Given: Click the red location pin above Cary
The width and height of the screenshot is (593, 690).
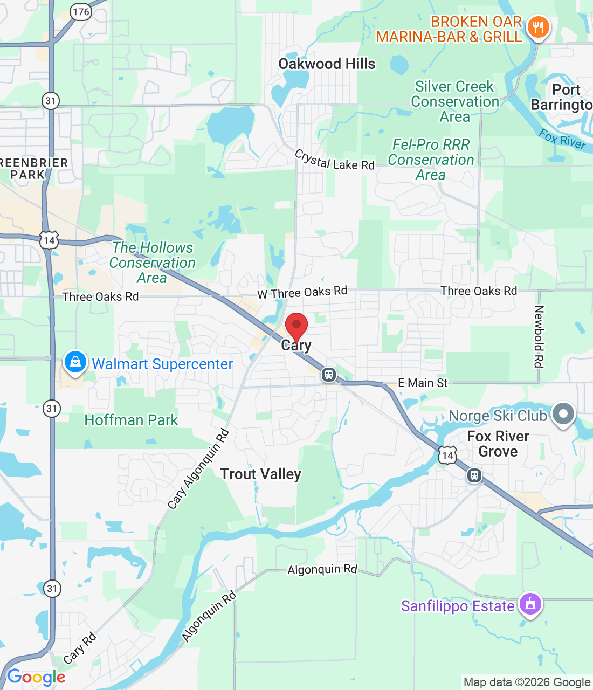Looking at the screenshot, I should tap(296, 325).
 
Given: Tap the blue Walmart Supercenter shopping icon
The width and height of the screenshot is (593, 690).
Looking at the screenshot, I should tap(75, 362).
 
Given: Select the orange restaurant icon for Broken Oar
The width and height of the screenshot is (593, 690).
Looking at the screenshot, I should tap(537, 27).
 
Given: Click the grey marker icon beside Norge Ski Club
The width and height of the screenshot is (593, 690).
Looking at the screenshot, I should tap(563, 414).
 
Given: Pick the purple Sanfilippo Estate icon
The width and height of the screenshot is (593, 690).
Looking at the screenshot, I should tap(530, 604).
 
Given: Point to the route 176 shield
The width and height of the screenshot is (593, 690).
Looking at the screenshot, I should tap(81, 12).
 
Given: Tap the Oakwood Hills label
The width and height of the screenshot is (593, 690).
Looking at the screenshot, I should tap(327, 64).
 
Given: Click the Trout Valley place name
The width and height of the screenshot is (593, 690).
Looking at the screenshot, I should tap(260, 474).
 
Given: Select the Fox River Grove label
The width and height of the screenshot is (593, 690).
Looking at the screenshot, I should tap(498, 444).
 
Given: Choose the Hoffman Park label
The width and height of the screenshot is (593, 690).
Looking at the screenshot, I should tap(131, 420).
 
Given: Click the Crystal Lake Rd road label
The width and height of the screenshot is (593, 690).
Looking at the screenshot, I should tap(334, 161).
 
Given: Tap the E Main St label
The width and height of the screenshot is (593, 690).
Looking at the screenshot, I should tap(423, 383).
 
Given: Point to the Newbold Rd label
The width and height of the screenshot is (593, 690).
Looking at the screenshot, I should tap(539, 336).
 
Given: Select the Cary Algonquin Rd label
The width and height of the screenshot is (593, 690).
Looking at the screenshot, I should tap(198, 469).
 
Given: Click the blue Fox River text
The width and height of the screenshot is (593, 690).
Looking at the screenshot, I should tap(562, 139).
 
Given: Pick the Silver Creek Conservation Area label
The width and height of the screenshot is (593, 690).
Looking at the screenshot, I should tap(455, 101).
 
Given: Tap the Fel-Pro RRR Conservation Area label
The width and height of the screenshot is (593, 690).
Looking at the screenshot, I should tap(431, 160).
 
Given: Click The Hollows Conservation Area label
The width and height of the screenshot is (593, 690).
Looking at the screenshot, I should tap(152, 263).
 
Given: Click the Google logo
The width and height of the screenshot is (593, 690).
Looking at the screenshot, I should tap(36, 677).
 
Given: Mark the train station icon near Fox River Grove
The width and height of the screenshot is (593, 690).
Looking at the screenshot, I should tap(474, 475).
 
